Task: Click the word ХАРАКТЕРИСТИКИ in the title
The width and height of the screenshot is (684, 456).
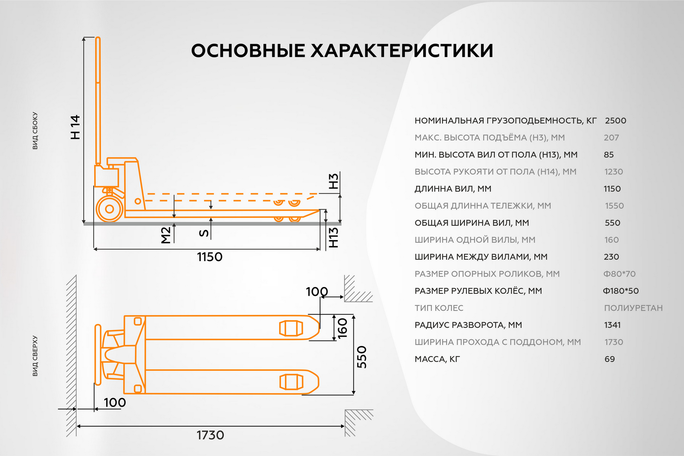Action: [402, 51]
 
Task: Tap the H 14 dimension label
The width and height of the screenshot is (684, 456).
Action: [75, 127]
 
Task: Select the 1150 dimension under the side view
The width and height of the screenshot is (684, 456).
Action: [210, 257]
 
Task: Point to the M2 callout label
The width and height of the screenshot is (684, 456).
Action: [166, 236]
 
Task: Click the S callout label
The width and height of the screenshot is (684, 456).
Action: [204, 233]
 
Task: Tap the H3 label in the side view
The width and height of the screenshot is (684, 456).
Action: [333, 181]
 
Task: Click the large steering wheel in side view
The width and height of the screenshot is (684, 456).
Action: [109, 209]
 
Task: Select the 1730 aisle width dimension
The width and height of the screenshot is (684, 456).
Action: [210, 435]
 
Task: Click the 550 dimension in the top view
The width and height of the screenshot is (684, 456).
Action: [362, 357]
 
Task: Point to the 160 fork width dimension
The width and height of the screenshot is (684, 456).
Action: [342, 328]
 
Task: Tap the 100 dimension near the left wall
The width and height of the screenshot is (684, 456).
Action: [115, 403]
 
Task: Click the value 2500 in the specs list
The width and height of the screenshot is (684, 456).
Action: [616, 121]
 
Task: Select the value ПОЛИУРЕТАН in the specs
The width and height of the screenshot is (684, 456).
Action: [633, 308]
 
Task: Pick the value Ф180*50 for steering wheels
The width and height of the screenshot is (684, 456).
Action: [621, 291]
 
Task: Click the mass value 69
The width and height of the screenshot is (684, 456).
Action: [610, 359]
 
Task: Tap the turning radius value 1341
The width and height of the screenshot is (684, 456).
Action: [612, 325]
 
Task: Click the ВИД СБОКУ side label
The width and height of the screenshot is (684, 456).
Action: [35, 131]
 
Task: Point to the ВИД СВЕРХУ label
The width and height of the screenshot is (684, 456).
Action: [35, 356]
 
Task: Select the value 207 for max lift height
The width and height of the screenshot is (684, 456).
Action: [611, 138]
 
